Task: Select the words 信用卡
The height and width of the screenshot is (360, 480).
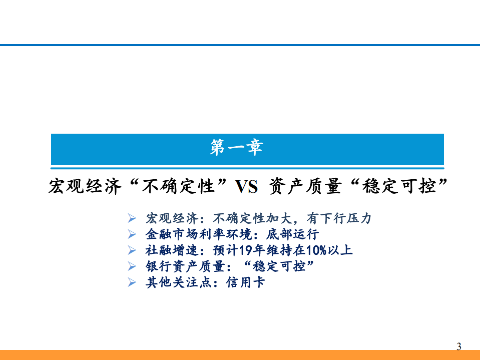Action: pyautogui.click(x=245, y=282)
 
